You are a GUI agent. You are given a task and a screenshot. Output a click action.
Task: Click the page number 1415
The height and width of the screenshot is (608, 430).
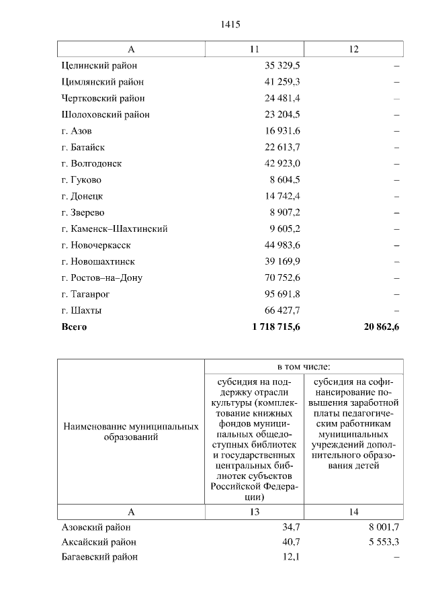tap(230, 25)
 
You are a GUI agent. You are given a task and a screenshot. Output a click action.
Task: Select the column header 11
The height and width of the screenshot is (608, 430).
tap(254, 50)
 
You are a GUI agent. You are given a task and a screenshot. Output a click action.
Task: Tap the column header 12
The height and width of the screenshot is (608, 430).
tap(353, 50)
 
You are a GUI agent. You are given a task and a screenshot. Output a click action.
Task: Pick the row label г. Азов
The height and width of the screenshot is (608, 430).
tap(77, 131)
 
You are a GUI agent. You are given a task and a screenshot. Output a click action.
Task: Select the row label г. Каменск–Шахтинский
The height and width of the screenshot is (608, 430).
tap(114, 228)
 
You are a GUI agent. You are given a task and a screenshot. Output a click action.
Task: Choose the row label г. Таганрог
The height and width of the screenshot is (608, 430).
tap(85, 294)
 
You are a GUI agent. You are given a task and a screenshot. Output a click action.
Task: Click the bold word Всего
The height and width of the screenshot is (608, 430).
tap(74, 327)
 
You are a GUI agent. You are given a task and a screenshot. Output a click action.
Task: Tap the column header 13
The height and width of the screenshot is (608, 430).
tap(254, 513)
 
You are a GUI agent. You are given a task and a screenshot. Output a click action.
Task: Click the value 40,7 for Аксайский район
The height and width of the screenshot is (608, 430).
tap(291, 541)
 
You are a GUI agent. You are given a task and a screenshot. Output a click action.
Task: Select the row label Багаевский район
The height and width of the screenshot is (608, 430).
tap(99, 557)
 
